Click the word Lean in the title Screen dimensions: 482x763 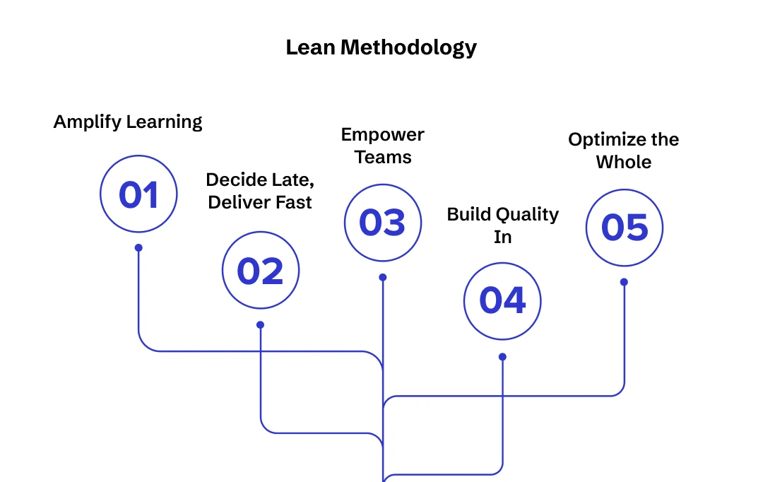310,47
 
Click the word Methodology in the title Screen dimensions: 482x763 408,48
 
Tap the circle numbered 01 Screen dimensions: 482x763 138,194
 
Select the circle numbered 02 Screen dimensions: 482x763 261,271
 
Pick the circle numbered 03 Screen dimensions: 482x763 382,223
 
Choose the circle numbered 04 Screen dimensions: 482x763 502,300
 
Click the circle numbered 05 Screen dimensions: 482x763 625,228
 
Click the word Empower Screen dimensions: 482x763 382,134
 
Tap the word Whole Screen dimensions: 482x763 624,162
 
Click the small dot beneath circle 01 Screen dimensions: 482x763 138,248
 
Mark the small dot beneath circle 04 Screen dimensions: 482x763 502,357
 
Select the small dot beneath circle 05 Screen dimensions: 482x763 624,282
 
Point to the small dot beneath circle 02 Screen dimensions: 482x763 260,325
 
